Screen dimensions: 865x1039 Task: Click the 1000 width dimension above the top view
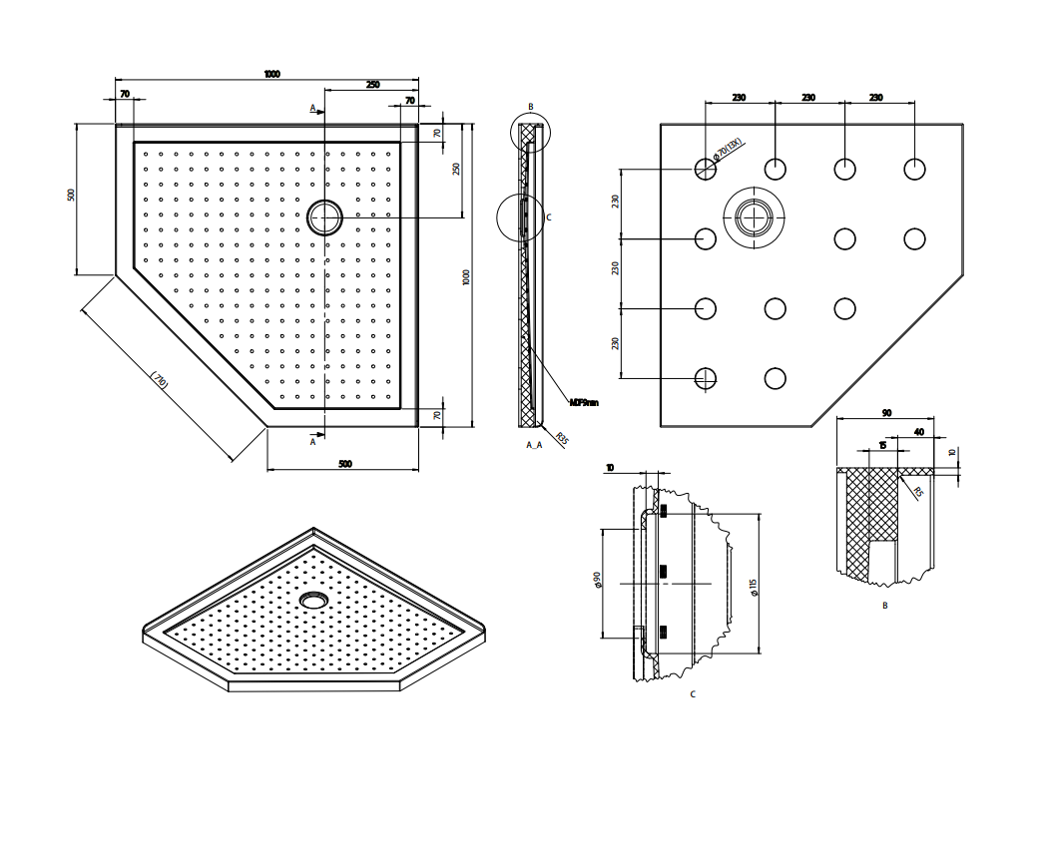pyautogui.click(x=271, y=74)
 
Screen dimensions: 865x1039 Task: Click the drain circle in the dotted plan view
pyautogui.click(x=324, y=216)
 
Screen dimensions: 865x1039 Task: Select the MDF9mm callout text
pyautogui.click(x=584, y=402)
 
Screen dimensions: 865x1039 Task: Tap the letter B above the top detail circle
pyautogui.click(x=531, y=107)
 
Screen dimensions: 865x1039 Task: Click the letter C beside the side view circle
pyautogui.click(x=549, y=216)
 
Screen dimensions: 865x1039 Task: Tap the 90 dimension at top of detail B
pyautogui.click(x=886, y=412)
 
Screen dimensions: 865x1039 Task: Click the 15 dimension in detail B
pyautogui.click(x=881, y=446)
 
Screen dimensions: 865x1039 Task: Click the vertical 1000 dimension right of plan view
pyautogui.click(x=466, y=276)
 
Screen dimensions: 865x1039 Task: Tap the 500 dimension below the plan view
pyautogui.click(x=344, y=463)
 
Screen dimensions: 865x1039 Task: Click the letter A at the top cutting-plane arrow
pyautogui.click(x=312, y=107)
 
